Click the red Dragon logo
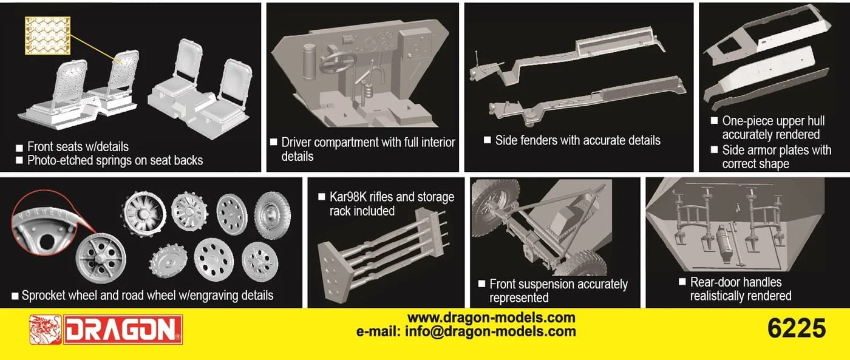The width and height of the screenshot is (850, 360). click(x=106, y=330)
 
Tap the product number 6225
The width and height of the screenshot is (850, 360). click(x=796, y=328)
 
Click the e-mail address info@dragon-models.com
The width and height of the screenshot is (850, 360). click(x=466, y=331)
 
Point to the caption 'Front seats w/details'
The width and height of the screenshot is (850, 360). click(x=78, y=147)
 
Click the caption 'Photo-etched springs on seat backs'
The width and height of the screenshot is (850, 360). click(x=115, y=161)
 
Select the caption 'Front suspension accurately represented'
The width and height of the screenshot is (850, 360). click(x=557, y=291)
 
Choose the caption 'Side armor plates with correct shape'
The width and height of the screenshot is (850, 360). click(x=776, y=157)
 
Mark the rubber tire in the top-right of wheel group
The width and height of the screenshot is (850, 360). click(x=272, y=215)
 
